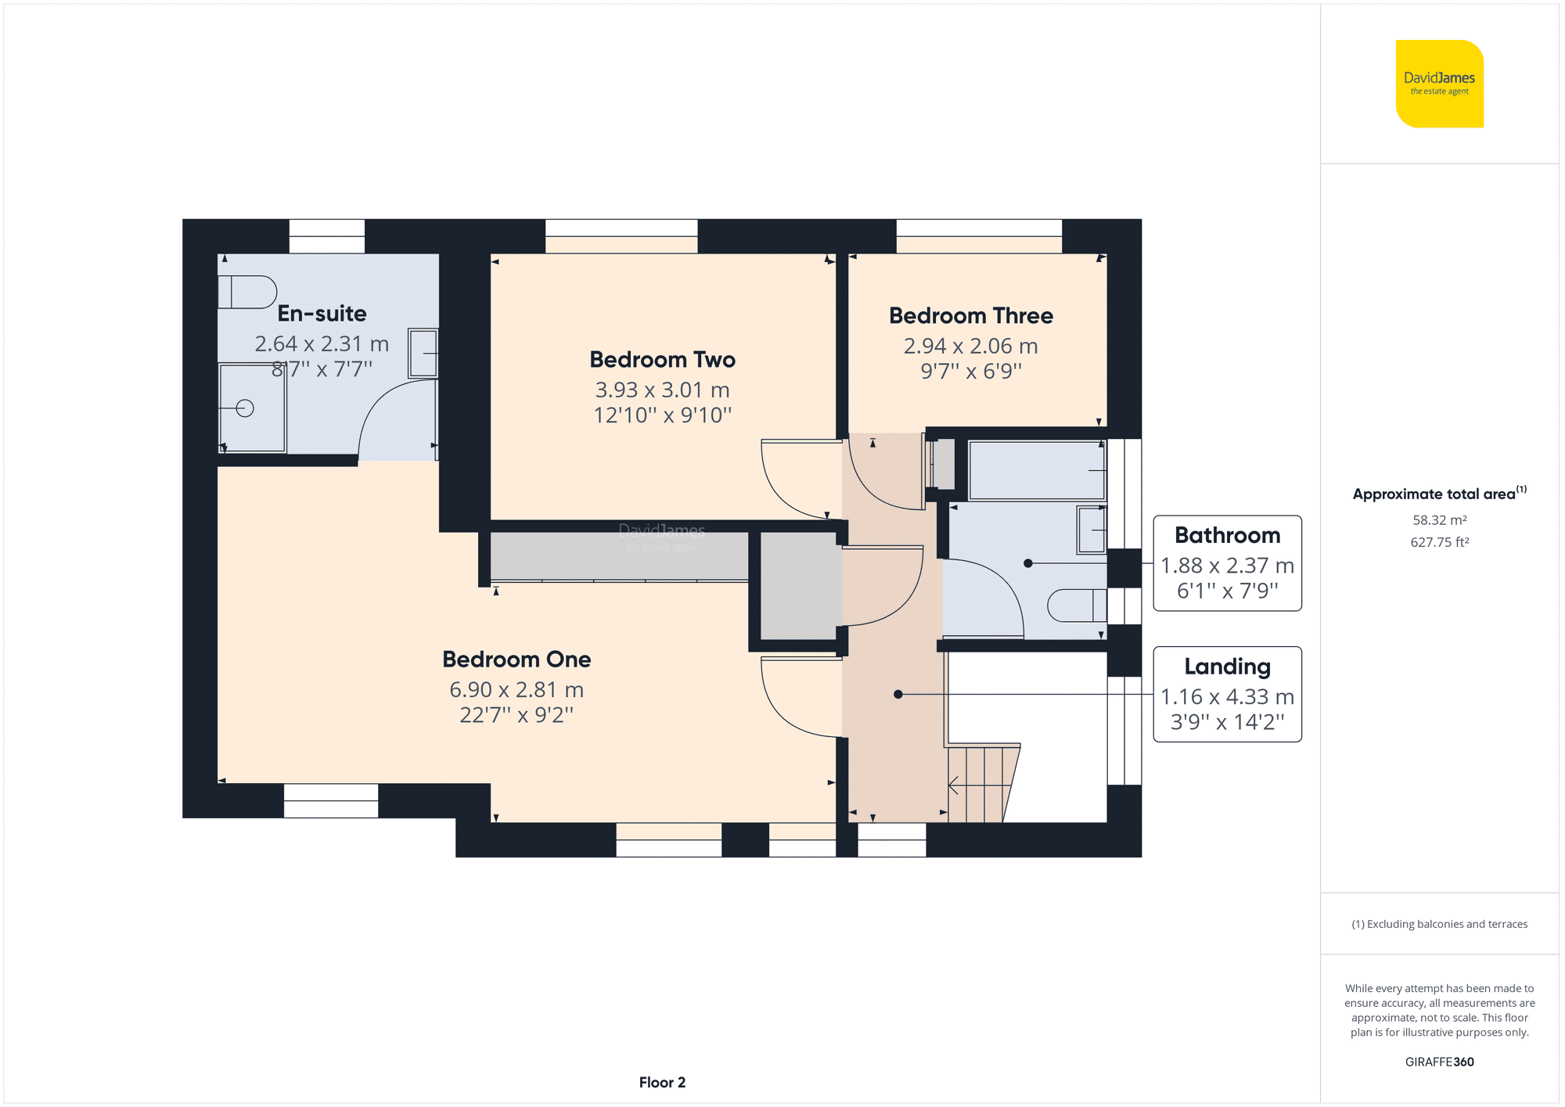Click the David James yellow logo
[x=1439, y=84]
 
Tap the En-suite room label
[x=322, y=314]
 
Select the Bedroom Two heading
[x=662, y=360]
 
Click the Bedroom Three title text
[x=970, y=316]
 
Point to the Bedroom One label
[x=516, y=660]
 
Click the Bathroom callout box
[x=1227, y=563]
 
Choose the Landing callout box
[x=1227, y=695]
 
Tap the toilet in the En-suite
[x=247, y=293]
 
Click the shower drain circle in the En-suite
[x=245, y=408]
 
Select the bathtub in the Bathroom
[x=1036, y=470]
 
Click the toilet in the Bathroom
[x=1077, y=606]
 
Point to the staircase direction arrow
[x=954, y=785]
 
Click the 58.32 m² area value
[x=1439, y=520]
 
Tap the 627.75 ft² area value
[x=1439, y=542]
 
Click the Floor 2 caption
[x=662, y=1083]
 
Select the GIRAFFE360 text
[x=1439, y=1062]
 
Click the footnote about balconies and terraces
[x=1439, y=924]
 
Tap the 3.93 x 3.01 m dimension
[x=662, y=390]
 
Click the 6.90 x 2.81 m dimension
[x=516, y=690]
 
